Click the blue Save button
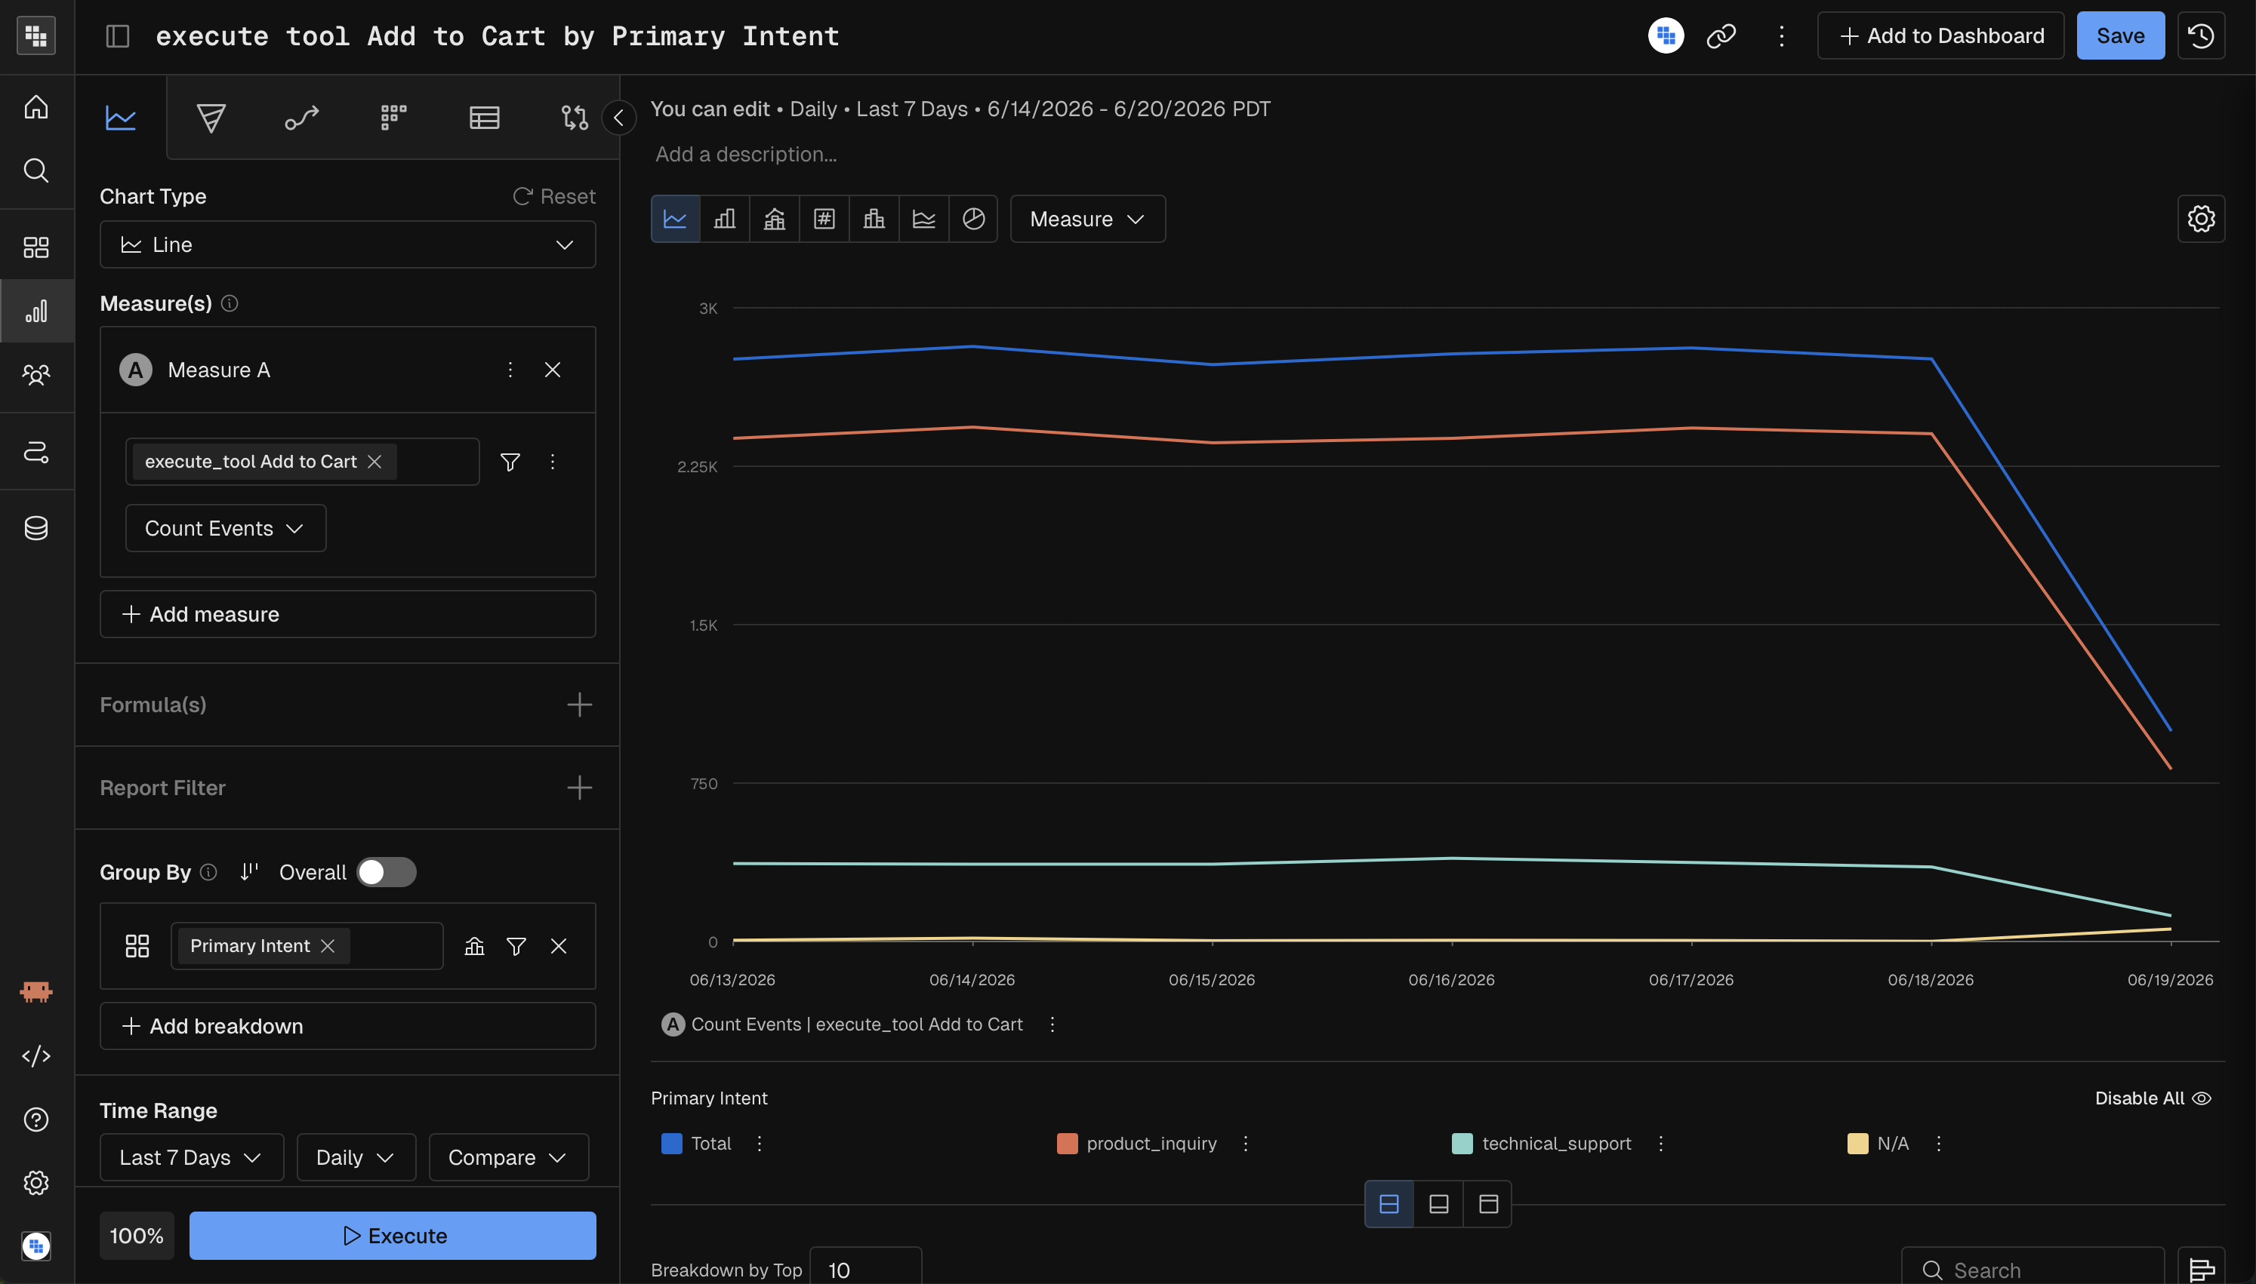(2119, 36)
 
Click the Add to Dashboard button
(1940, 36)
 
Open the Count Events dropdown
(225, 528)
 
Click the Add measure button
(347, 614)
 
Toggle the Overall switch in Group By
(387, 872)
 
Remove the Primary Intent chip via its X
(328, 945)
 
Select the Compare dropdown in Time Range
(508, 1157)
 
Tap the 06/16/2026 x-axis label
(1451, 980)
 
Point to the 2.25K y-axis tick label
(697, 466)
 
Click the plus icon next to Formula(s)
(579, 705)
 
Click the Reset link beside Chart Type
(554, 196)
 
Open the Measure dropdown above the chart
(1087, 219)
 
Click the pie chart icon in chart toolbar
(973, 219)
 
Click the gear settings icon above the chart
(2200, 219)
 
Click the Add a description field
(747, 155)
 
